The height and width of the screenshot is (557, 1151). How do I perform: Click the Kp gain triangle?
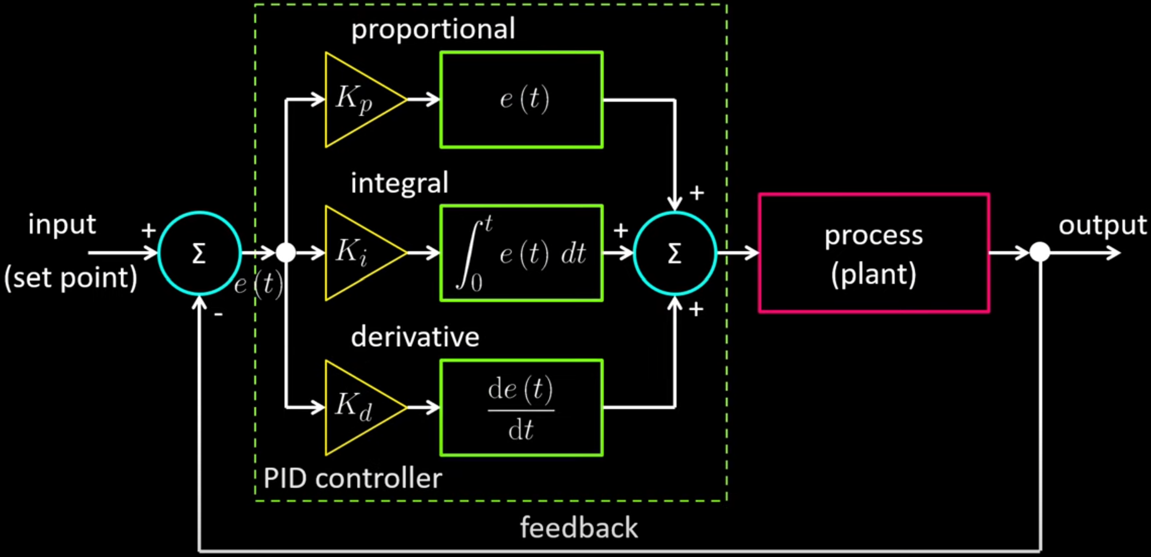[357, 100]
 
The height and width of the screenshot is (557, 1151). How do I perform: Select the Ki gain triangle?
[357, 253]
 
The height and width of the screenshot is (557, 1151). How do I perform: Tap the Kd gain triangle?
[357, 407]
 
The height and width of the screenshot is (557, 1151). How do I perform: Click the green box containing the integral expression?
[522, 253]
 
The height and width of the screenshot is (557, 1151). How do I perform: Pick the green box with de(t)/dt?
[522, 407]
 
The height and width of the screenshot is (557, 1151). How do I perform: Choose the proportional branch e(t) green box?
[522, 100]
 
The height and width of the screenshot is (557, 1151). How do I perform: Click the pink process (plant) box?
[874, 253]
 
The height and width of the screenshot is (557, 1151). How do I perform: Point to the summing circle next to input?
[200, 253]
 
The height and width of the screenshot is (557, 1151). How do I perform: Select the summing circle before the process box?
[675, 253]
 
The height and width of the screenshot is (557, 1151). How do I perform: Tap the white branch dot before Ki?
[286, 253]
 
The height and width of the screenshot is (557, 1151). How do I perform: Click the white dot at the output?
[1040, 253]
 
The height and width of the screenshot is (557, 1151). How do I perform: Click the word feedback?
[578, 528]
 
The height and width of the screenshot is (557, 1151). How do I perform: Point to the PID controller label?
[352, 478]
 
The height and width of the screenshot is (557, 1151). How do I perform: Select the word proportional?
[432, 29]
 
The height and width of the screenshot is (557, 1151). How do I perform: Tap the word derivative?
[415, 337]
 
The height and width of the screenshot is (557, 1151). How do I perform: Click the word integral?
[399, 183]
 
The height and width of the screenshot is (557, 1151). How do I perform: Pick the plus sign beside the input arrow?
[148, 231]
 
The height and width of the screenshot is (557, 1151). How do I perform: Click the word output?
[1102, 226]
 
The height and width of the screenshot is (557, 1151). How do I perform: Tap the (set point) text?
[71, 278]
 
